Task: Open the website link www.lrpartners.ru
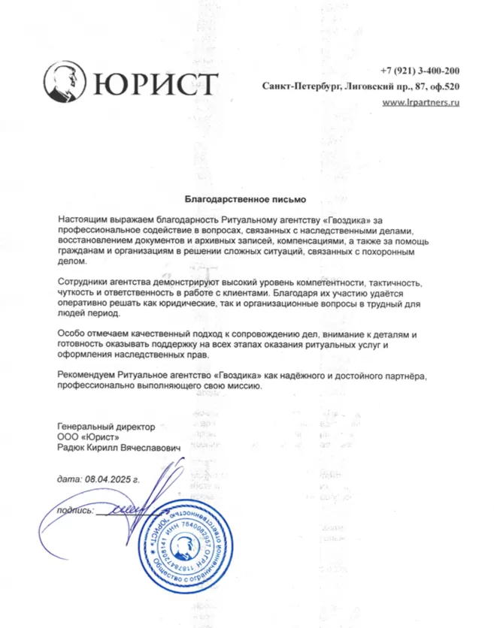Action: (x=420, y=102)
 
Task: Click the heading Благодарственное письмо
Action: (x=247, y=199)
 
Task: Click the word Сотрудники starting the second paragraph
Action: (x=84, y=281)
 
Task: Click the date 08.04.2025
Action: (x=106, y=479)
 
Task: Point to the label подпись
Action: (x=69, y=511)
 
